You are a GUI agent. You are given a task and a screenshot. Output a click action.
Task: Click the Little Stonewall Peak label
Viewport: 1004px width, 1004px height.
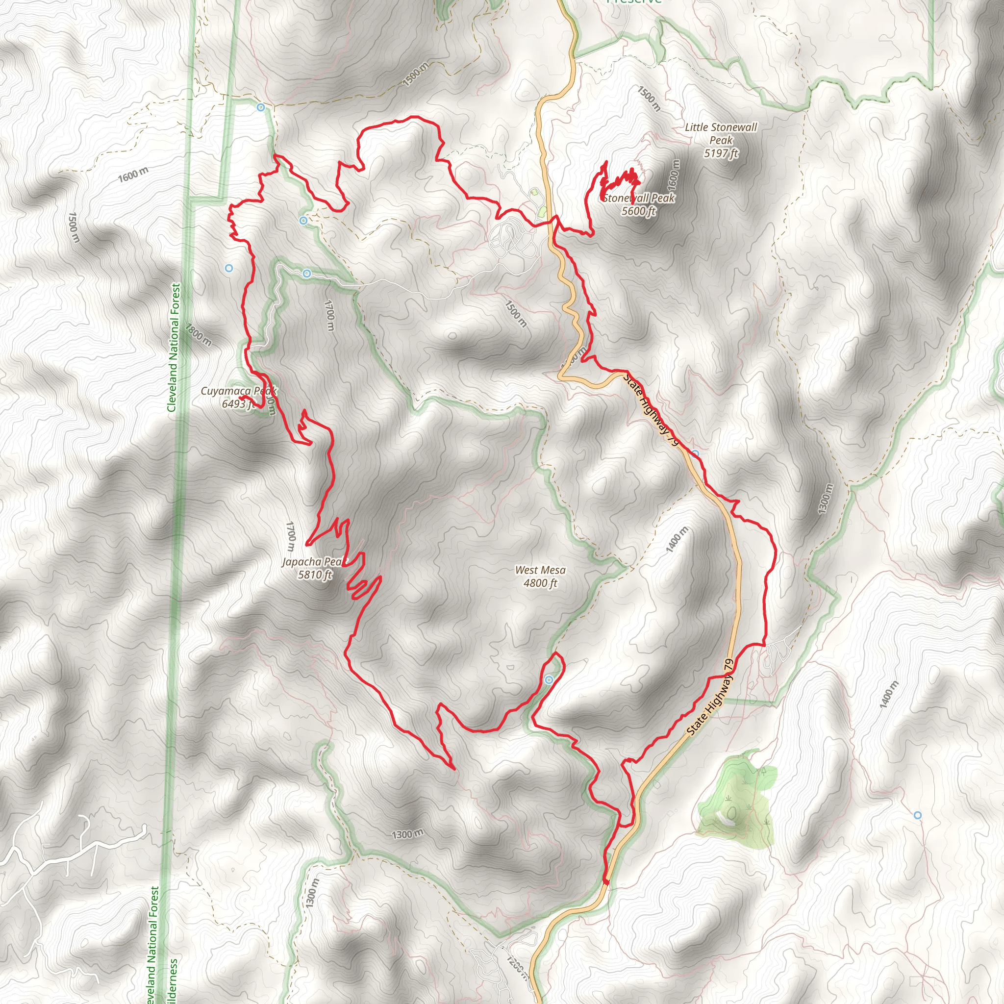pyautogui.click(x=721, y=140)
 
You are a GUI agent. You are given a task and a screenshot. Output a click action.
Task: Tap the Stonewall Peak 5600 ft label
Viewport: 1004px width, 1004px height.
pyautogui.click(x=639, y=204)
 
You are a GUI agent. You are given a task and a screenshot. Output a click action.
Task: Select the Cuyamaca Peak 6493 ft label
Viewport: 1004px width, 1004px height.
pyautogui.click(x=239, y=397)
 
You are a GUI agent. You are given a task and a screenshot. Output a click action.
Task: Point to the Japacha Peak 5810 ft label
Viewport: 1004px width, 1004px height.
pyautogui.click(x=314, y=568)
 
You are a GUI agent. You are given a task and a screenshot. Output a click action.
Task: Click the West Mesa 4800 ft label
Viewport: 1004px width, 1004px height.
pyautogui.click(x=540, y=577)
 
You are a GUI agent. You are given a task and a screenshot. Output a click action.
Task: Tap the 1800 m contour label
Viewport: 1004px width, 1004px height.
pyautogui.click(x=199, y=335)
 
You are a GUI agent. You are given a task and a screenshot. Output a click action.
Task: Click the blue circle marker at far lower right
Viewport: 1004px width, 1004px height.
pyautogui.click(x=918, y=815)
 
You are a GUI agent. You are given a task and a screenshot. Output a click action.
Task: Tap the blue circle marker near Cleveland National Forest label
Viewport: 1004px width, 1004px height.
pyautogui.click(x=228, y=268)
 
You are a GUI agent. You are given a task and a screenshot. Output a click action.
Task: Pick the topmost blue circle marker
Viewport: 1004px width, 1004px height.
pyautogui.click(x=261, y=107)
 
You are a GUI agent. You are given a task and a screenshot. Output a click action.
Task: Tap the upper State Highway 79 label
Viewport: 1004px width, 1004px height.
pyautogui.click(x=652, y=410)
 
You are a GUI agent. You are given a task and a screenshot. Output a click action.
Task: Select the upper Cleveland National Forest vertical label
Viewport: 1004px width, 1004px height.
pyautogui.click(x=175, y=347)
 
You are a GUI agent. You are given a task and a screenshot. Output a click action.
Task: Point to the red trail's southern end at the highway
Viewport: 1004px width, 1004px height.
pyautogui.click(x=606, y=881)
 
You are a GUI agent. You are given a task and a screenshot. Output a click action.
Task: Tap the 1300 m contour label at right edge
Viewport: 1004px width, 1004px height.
pyautogui.click(x=825, y=499)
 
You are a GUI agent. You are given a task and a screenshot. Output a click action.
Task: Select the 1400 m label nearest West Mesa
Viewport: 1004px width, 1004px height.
pyautogui.click(x=677, y=539)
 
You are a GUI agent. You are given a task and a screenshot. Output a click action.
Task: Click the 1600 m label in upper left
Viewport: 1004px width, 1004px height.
pyautogui.click(x=133, y=175)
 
